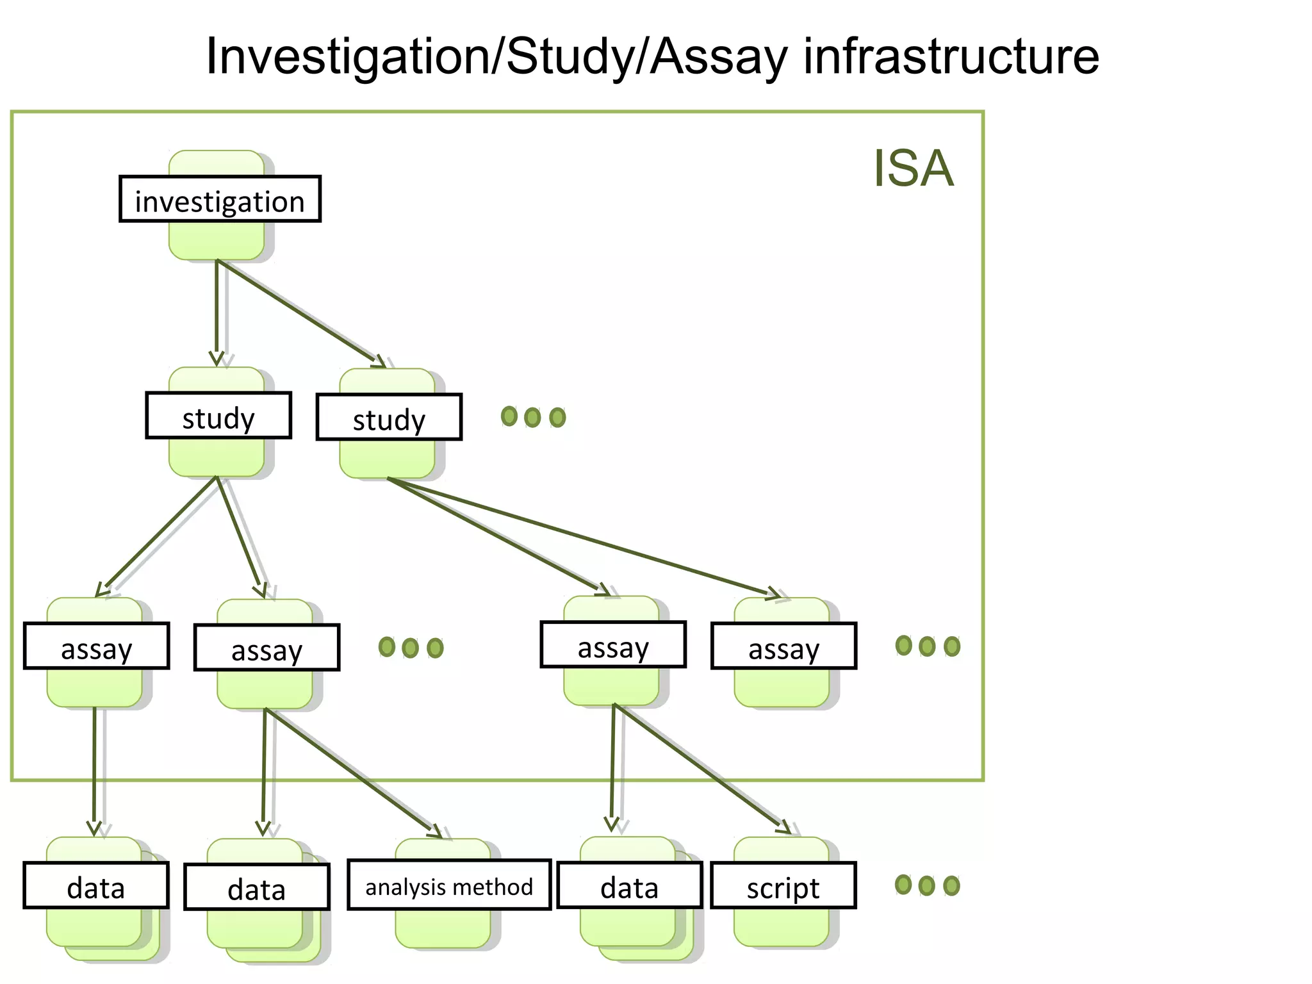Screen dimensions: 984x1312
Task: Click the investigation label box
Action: point(220,199)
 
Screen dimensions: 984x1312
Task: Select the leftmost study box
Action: point(218,416)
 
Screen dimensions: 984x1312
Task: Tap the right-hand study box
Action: point(389,417)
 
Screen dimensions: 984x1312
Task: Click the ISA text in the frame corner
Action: point(913,168)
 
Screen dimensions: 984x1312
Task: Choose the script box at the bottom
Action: point(783,886)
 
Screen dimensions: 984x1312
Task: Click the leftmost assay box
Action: point(96,646)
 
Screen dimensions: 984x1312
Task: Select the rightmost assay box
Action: point(783,646)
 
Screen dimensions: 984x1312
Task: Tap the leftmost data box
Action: point(96,886)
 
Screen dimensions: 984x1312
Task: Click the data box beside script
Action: point(630,886)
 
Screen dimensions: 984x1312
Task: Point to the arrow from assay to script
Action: point(701,769)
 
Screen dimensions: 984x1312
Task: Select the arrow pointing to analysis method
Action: point(352,772)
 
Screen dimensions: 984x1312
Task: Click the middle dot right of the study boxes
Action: point(532,418)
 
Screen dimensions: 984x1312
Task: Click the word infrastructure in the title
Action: point(951,56)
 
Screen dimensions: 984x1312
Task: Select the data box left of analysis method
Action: point(257,887)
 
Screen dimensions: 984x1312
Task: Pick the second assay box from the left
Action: point(266,648)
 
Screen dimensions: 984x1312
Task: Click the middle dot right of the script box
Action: point(926,886)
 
